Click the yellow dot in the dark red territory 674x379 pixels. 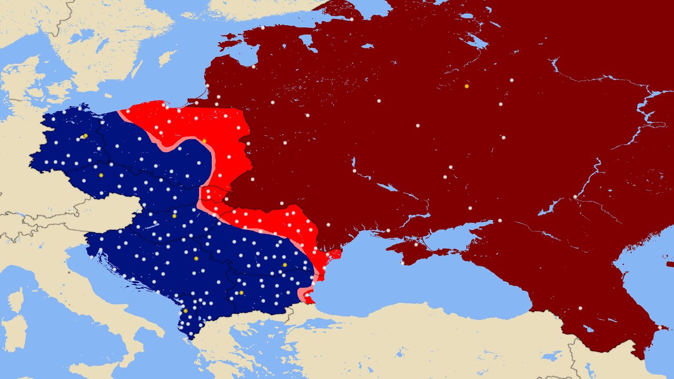466,86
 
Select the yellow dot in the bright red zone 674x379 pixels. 204,141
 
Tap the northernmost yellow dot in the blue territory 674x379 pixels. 85,136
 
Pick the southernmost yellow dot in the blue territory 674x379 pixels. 185,311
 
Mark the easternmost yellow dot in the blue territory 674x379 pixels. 285,265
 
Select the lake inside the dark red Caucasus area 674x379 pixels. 588,329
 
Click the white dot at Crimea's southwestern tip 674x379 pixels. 402,263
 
